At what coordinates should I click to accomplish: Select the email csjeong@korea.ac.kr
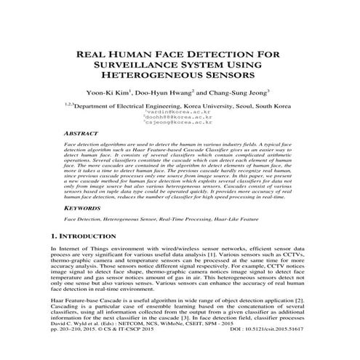[x=183, y=121]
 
